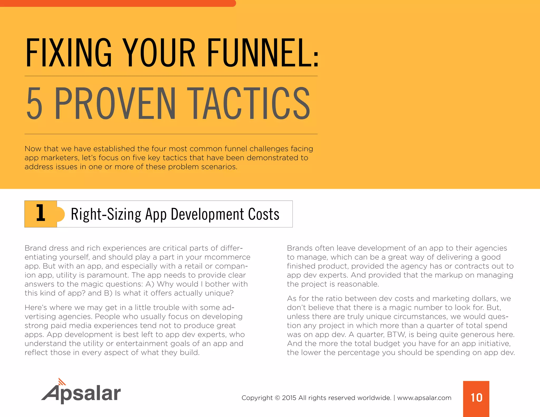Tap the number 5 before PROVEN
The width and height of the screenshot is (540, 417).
[x=35, y=104]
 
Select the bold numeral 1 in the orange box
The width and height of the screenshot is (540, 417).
[x=41, y=213]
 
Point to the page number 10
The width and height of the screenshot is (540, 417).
[x=476, y=397]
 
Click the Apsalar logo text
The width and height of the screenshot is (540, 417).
[x=82, y=394]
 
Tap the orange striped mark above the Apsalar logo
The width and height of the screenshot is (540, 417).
[x=62, y=382]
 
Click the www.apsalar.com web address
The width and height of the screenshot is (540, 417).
[x=424, y=398]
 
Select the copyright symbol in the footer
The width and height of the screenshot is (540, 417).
[x=277, y=398]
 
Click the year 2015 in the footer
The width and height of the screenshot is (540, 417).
[x=289, y=398]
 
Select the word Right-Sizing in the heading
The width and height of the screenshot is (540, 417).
[x=106, y=214]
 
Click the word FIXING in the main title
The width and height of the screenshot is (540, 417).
[x=69, y=53]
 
